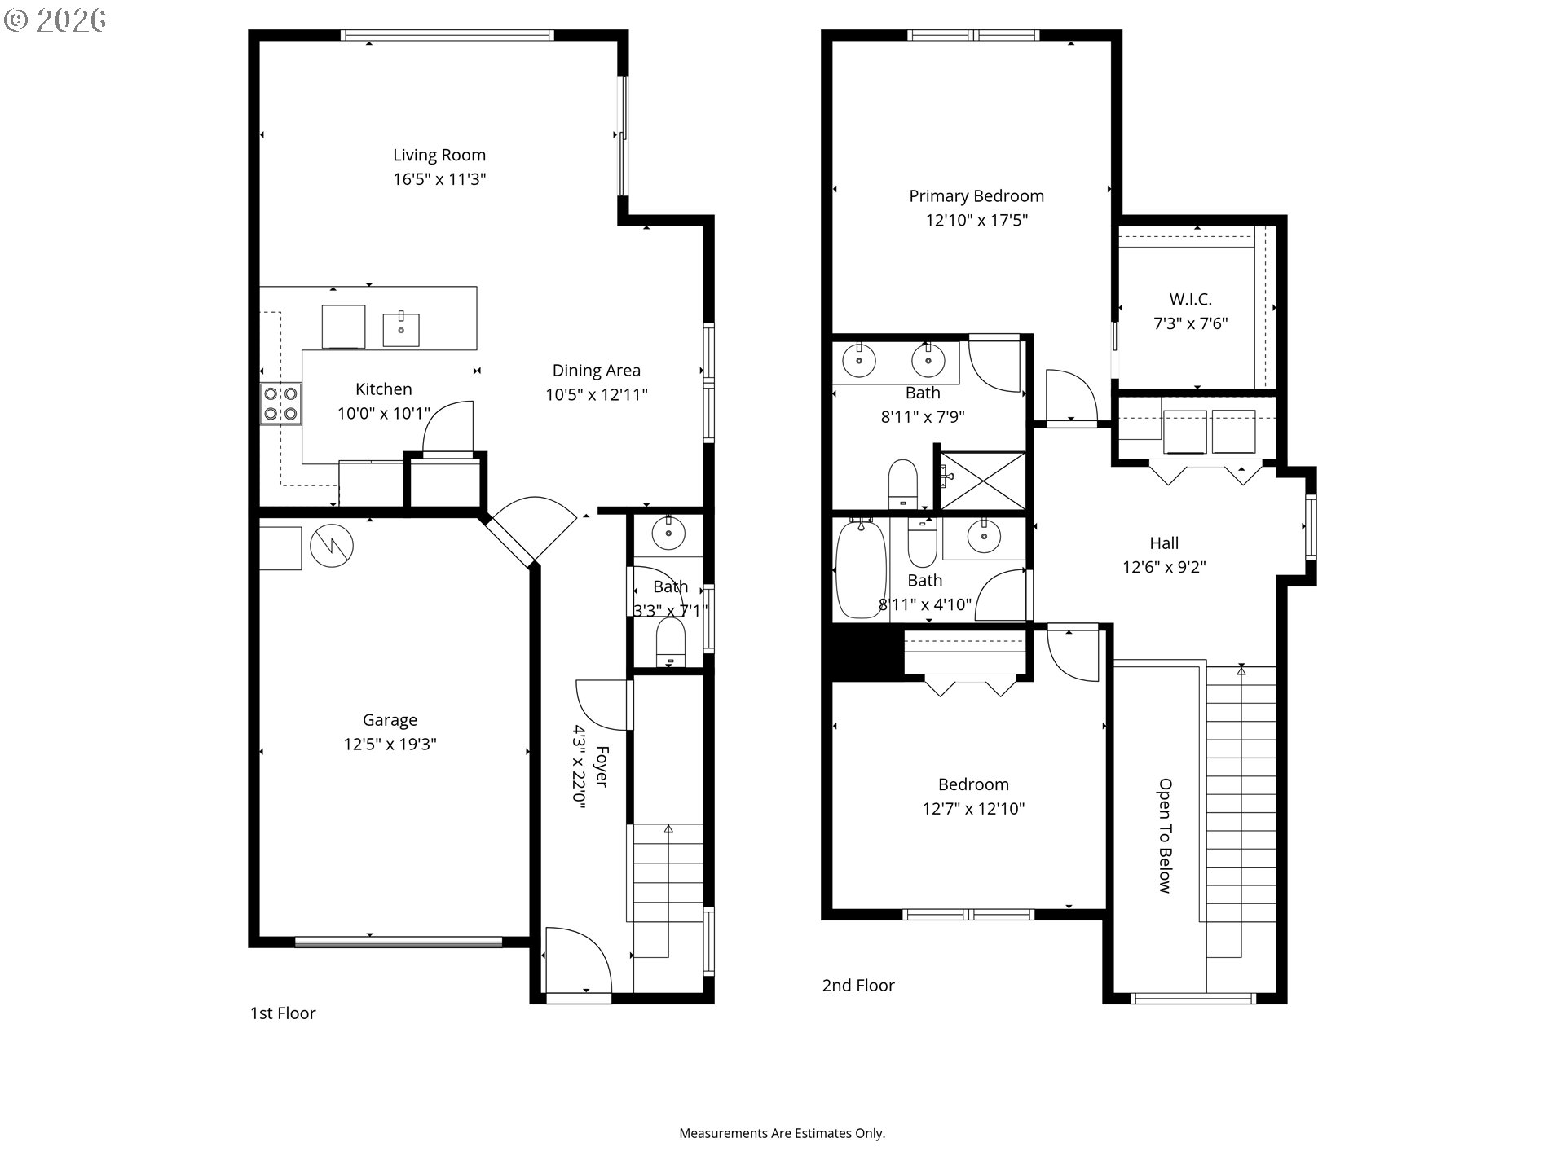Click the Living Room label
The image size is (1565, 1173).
click(439, 155)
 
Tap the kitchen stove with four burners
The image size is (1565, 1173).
click(280, 404)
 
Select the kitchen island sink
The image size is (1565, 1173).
click(401, 330)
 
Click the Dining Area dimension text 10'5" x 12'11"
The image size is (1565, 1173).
click(597, 395)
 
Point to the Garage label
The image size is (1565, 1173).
click(390, 720)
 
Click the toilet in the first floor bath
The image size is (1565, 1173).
click(671, 642)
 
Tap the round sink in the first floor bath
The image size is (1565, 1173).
click(669, 534)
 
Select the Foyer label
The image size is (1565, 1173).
click(602, 767)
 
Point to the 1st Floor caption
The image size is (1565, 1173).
click(283, 1013)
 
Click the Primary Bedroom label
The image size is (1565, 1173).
click(976, 196)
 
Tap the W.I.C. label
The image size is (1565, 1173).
click(1191, 300)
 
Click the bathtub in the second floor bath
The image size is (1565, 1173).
click(861, 569)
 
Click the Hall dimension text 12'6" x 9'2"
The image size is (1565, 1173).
click(1164, 567)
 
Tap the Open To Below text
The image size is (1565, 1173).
click(1166, 836)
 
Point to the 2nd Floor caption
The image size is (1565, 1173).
click(858, 986)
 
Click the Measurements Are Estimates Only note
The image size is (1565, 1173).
click(782, 1133)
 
